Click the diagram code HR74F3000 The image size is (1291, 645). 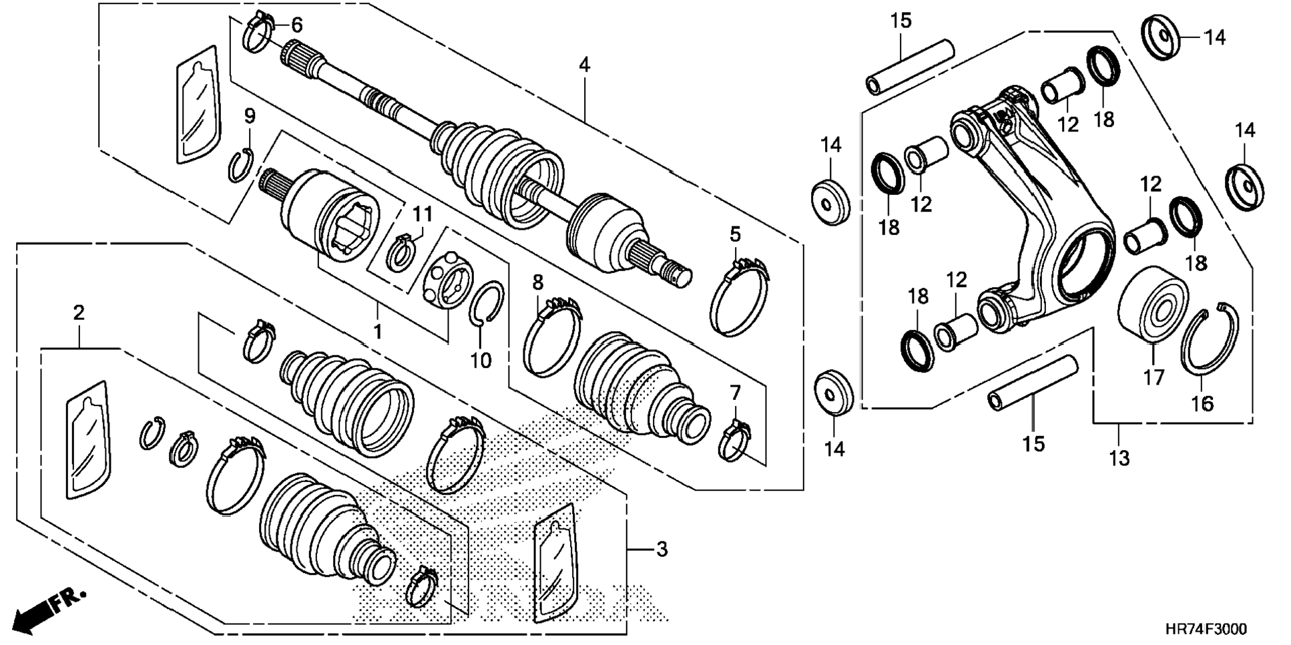pos(1206,630)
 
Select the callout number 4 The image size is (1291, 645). pos(584,65)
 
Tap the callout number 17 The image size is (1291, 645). pos(1153,377)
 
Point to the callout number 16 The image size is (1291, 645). pos(1202,403)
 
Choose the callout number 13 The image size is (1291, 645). pos(1119,458)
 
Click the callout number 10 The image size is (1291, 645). pos(481,361)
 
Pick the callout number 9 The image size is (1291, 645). pos(250,116)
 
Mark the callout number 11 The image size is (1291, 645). pos(422,214)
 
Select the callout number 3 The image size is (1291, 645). pos(661,550)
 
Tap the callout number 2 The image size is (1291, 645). pos(79,312)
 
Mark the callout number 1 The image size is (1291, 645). pos(378,331)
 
